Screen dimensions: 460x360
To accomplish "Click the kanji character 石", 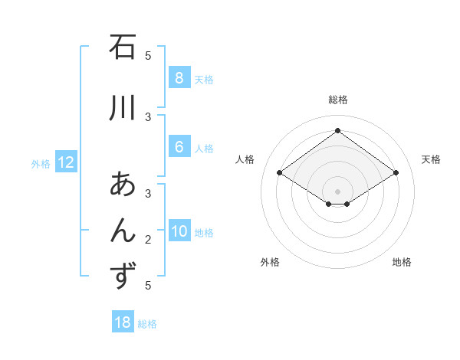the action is (123, 48).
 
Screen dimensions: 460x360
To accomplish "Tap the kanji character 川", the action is (123, 108).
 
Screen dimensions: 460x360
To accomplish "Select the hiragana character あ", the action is (123, 186).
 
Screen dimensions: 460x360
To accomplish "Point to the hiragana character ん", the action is (123, 231).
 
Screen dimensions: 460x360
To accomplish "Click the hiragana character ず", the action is (123, 275).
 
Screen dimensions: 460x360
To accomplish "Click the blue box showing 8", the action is (179, 78).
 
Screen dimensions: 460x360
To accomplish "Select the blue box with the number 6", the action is (179, 148).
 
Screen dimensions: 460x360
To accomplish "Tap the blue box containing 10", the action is (179, 232).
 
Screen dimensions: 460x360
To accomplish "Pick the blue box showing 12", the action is (66, 162).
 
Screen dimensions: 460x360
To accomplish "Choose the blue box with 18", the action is (123, 322).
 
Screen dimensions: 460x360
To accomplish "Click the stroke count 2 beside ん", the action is (148, 240).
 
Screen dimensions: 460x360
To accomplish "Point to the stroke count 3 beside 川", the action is (148, 116).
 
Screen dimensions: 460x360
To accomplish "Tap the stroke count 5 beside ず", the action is (148, 286).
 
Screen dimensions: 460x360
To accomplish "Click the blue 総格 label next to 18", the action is (147, 324).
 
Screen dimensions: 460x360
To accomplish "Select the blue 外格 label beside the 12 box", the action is (41, 163).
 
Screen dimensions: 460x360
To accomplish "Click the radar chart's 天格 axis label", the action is (432, 159).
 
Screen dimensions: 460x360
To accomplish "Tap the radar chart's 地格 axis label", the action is (402, 262).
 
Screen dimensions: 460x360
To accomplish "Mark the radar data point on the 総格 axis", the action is (337, 131).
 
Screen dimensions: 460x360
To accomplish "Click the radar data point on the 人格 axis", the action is (280, 173).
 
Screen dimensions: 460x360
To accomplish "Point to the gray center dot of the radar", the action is (337, 191).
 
